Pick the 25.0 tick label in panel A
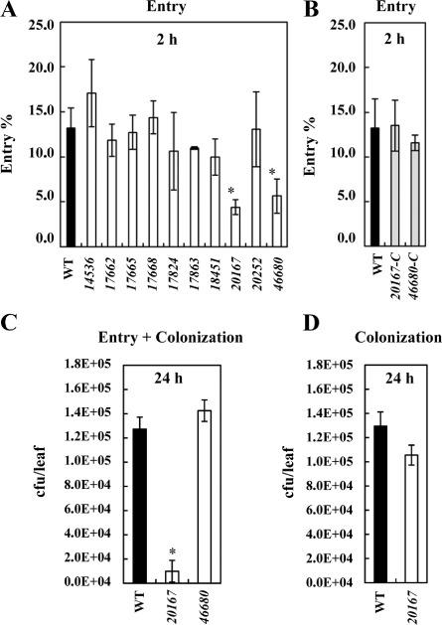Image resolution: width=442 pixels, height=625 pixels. point(40,32)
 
